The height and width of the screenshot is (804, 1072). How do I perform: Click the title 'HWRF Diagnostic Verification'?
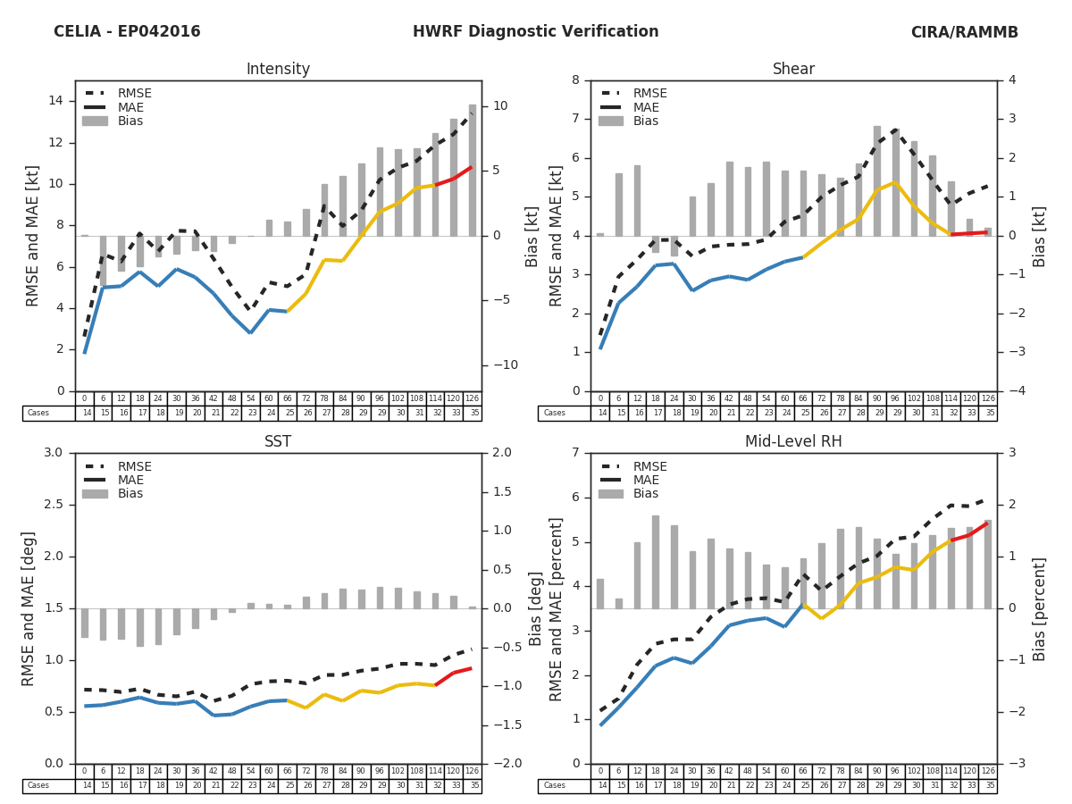535,32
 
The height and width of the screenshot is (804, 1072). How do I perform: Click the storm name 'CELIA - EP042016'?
127,32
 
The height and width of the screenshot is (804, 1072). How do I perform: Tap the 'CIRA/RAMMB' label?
964,32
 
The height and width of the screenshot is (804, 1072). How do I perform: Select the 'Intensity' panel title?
278,70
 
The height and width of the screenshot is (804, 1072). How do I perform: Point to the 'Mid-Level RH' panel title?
793,441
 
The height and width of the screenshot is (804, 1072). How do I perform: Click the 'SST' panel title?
278,441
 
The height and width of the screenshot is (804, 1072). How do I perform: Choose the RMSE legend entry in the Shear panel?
649,94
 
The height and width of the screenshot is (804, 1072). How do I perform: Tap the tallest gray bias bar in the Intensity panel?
473,170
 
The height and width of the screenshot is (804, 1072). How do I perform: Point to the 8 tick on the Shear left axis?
575,80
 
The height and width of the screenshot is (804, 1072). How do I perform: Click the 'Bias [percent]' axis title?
1040,608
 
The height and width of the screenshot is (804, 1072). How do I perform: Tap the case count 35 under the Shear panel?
988,414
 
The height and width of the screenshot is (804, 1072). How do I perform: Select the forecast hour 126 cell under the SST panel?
473,771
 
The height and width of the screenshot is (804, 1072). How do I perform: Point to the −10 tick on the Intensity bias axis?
499,364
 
